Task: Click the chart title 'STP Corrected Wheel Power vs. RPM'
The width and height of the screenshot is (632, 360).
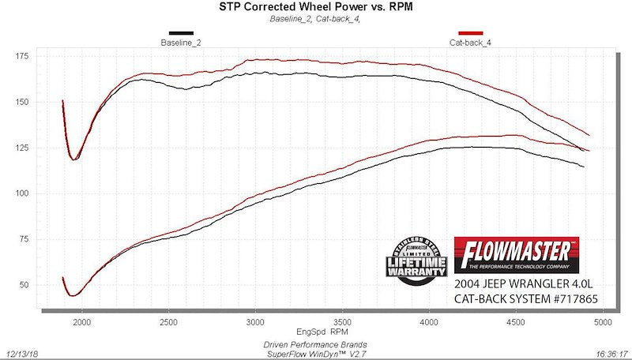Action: [x=315, y=7]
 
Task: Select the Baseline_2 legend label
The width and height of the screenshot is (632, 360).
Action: [x=181, y=42]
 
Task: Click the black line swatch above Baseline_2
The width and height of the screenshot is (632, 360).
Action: [x=181, y=33]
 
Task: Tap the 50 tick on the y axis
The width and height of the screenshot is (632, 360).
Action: [x=24, y=285]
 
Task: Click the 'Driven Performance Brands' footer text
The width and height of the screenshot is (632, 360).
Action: [x=315, y=344]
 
